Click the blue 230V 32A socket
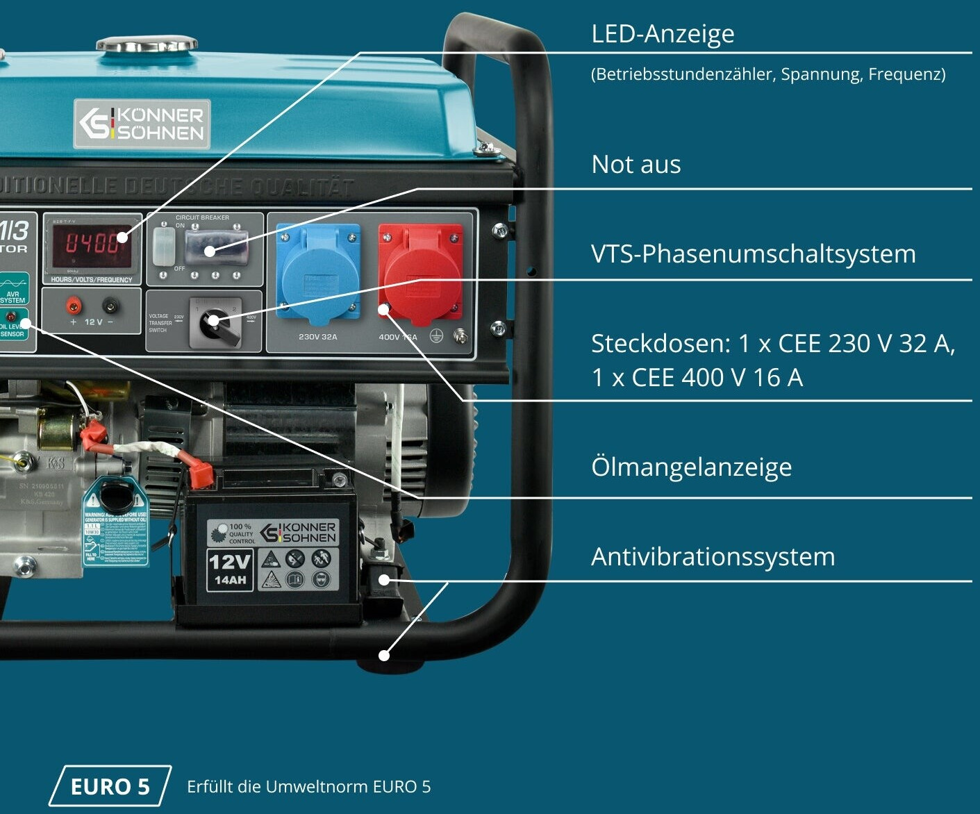point(318,274)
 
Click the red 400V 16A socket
point(420,274)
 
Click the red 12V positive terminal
point(73,305)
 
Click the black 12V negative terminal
point(110,305)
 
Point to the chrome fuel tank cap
point(146,46)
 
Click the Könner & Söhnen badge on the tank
point(142,124)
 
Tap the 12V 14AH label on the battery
point(229,570)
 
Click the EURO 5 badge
point(110,786)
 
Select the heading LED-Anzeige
point(663,33)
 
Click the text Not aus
point(636,165)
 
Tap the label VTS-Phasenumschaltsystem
point(753,254)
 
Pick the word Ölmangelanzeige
point(691,467)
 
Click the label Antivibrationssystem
point(713,557)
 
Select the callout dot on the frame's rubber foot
point(383,655)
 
